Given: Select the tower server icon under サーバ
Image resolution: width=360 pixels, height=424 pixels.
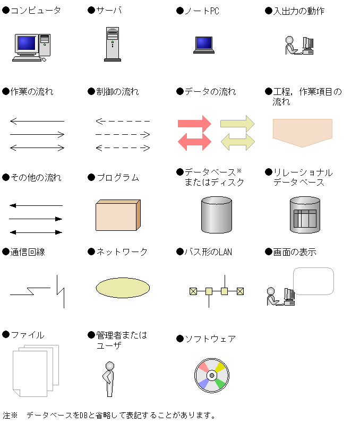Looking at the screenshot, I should coord(112,45).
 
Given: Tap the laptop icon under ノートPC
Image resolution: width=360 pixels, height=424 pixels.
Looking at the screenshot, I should coord(203,45).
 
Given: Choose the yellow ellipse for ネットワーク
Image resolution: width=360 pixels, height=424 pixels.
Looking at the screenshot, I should coord(122,288).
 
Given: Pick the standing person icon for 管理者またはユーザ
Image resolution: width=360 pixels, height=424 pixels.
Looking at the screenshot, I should coord(108,378).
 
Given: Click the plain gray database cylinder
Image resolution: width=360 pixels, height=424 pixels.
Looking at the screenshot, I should coord(217,215).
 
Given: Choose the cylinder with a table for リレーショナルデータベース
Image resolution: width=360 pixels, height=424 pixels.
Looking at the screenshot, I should coord(305,215).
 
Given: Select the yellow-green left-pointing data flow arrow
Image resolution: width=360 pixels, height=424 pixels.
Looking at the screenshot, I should coord(237,141).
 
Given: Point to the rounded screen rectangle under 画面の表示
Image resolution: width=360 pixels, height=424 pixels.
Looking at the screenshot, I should coord(313,281).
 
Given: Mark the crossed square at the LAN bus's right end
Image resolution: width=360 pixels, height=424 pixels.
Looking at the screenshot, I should coord(240,291).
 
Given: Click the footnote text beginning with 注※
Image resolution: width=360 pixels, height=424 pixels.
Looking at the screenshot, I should coord(109,415).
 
